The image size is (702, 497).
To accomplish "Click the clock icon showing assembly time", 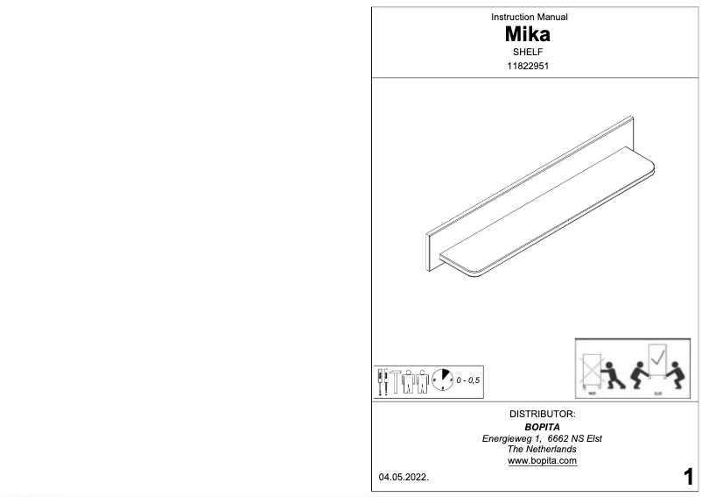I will click(x=441, y=380).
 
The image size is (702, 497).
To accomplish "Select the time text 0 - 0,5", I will click(x=469, y=380).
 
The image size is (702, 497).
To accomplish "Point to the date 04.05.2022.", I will click(x=404, y=479).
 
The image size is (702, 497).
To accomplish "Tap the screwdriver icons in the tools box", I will click(x=382, y=380).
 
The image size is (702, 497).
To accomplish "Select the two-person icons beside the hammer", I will click(x=418, y=380).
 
